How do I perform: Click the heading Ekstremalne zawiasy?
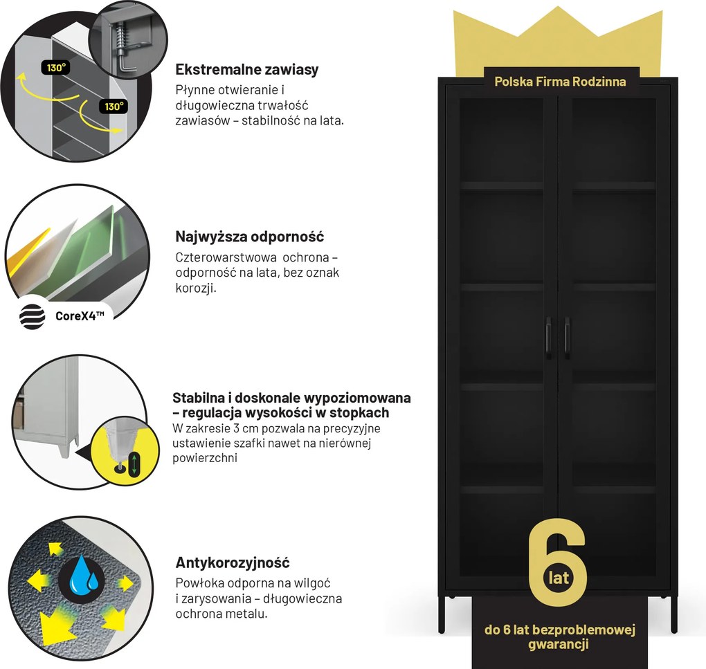tap(247, 70)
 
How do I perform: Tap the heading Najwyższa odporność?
tap(250, 237)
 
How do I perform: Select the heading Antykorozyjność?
tap(233, 562)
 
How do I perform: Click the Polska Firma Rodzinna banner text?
tap(560, 82)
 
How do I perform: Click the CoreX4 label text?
tap(80, 318)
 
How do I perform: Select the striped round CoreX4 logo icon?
tap(32, 318)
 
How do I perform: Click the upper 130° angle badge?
tap(55, 68)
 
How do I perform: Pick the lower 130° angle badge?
tap(112, 107)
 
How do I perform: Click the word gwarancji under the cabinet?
tap(559, 645)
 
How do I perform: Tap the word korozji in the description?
tap(196, 287)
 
